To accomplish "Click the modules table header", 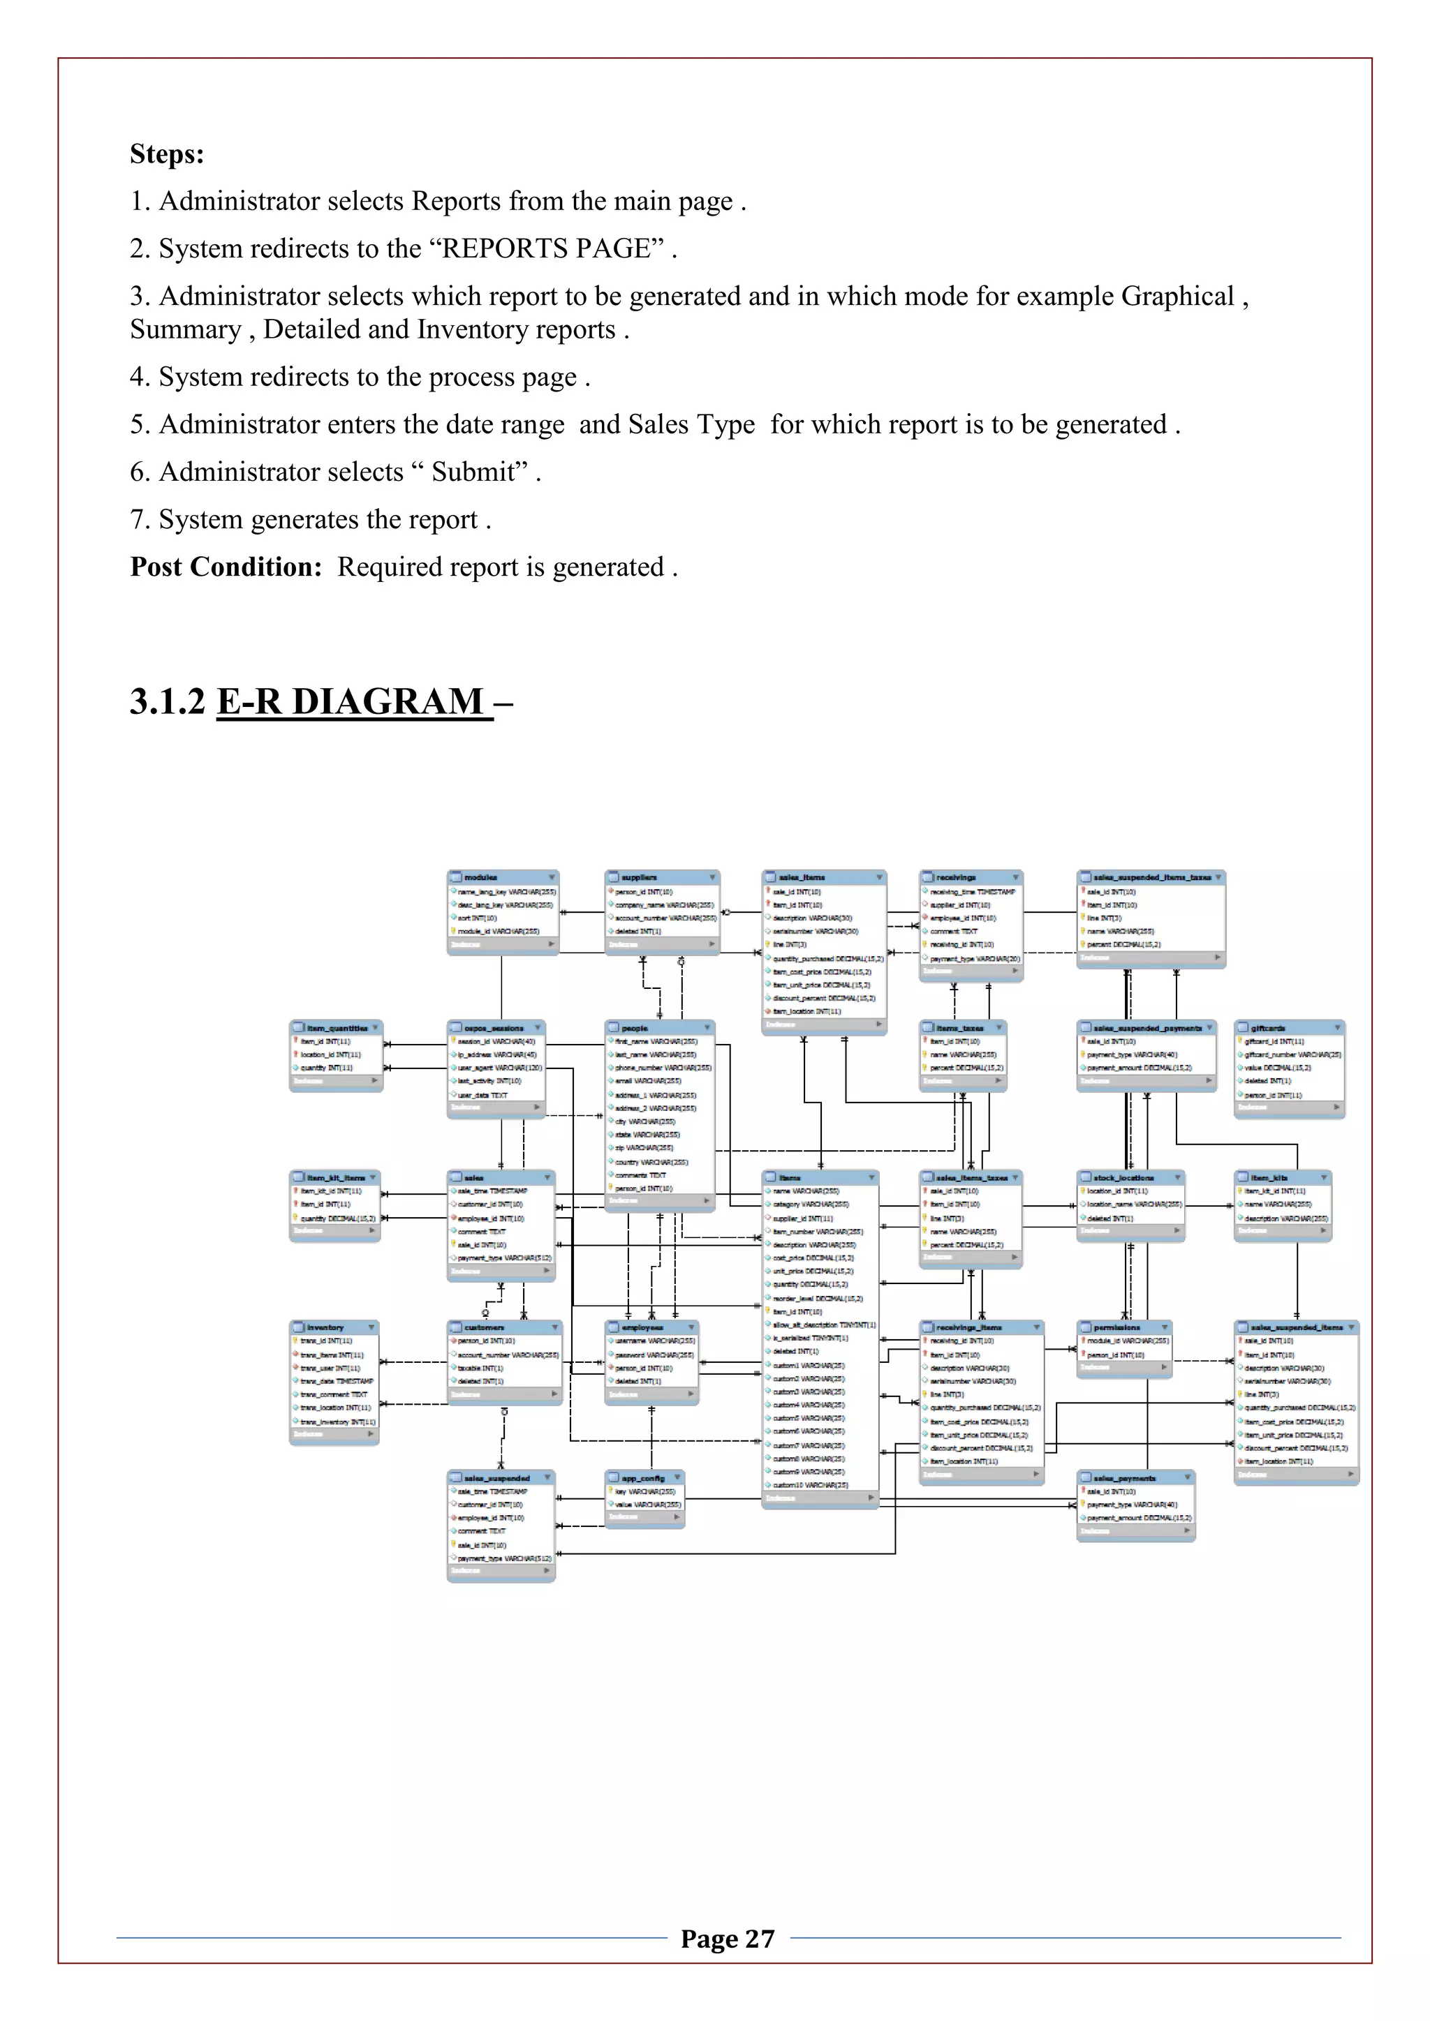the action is point(502,878).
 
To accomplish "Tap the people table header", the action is point(658,1027).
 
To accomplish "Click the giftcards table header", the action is point(1288,1027).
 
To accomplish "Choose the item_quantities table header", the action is point(335,1027).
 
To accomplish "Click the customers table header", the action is point(503,1327).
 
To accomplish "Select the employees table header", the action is point(651,1327).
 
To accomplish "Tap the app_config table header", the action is point(644,1478).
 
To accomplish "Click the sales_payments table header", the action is point(1135,1478).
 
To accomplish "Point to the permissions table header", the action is point(1124,1327).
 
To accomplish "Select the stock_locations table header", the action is point(1130,1178).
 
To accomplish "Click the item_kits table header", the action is point(1282,1178).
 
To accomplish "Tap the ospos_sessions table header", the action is point(495,1027).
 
